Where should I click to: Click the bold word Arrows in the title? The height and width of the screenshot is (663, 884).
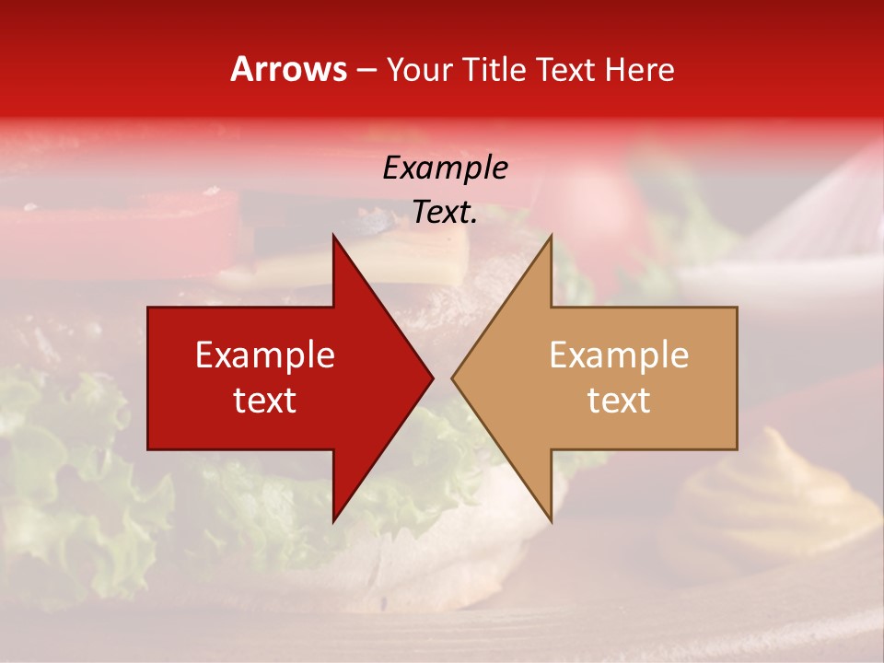tap(288, 69)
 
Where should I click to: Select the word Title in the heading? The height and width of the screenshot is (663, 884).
tap(494, 69)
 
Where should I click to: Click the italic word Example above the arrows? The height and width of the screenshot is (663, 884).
tap(445, 169)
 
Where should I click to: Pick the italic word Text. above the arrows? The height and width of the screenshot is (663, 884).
tap(445, 213)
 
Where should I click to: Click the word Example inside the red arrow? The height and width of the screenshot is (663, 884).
tap(265, 355)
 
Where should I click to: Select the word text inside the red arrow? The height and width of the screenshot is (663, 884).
tap(265, 401)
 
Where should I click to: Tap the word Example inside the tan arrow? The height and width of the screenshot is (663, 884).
tap(619, 355)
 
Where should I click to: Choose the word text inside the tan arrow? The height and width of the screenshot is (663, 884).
tap(619, 401)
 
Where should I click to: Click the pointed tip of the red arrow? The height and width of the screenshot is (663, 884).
tap(432, 378)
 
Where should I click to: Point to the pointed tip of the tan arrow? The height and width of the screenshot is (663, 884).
tap(453, 378)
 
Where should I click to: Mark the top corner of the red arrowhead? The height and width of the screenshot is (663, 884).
tap(334, 237)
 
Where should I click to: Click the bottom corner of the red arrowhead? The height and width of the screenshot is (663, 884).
tap(334, 520)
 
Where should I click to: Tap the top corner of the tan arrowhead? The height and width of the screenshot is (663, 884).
tap(551, 237)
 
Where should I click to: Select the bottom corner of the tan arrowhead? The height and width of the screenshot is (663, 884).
tap(551, 520)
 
